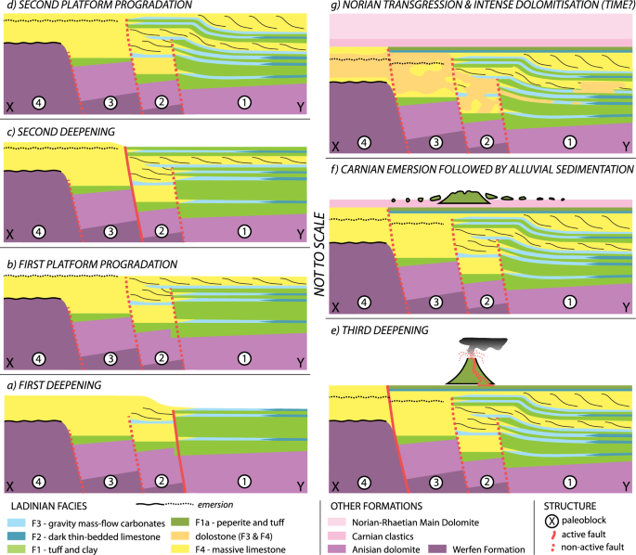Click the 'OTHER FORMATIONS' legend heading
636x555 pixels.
pos(375,506)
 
